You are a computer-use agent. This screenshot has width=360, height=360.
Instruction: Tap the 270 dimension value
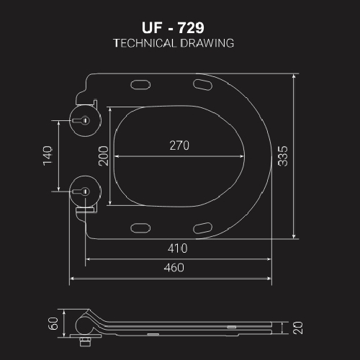click(x=179, y=145)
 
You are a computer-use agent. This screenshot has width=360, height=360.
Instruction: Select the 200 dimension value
click(x=104, y=156)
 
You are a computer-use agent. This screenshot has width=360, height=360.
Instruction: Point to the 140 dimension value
click(x=48, y=156)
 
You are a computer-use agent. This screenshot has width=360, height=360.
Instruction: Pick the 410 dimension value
click(x=178, y=248)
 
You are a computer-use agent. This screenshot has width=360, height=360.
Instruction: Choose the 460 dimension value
click(x=173, y=268)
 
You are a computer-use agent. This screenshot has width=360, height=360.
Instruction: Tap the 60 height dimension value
click(x=53, y=323)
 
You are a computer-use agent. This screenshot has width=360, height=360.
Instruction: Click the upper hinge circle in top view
click(x=84, y=119)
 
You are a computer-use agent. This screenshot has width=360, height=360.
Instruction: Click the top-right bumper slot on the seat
click(x=203, y=86)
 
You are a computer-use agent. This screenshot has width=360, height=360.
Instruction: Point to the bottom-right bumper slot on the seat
click(x=203, y=228)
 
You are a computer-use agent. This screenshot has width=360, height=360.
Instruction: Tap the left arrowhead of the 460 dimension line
click(x=71, y=278)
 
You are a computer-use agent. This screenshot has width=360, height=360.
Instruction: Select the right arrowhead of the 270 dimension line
click(x=242, y=156)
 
